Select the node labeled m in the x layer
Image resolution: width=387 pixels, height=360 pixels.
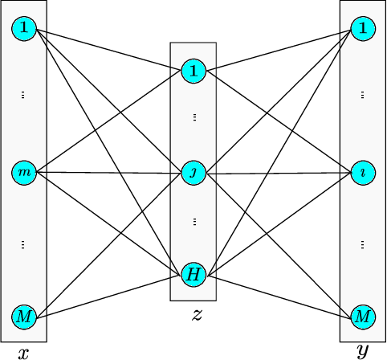point(24,173)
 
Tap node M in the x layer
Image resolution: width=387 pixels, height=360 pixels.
point(24,316)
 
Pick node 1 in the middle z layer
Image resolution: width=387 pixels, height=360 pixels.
point(193,72)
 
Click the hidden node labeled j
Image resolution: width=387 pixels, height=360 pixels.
point(193,173)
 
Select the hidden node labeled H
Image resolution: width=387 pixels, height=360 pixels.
point(193,275)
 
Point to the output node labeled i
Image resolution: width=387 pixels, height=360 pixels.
point(363,173)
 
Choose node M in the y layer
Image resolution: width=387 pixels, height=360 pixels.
point(363,316)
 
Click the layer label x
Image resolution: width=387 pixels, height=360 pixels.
point(23,352)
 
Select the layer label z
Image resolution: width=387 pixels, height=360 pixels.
point(196,314)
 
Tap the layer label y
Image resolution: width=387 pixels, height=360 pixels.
point(363,351)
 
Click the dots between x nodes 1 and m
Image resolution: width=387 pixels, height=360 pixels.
point(24,95)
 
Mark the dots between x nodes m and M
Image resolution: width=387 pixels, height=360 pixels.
point(24,244)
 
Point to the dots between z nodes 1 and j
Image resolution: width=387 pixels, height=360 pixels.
point(193,118)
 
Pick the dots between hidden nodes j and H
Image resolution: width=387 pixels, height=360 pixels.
point(193,220)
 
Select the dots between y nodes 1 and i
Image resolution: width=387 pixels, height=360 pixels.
point(363,95)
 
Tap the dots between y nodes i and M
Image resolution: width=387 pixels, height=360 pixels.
point(363,244)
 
